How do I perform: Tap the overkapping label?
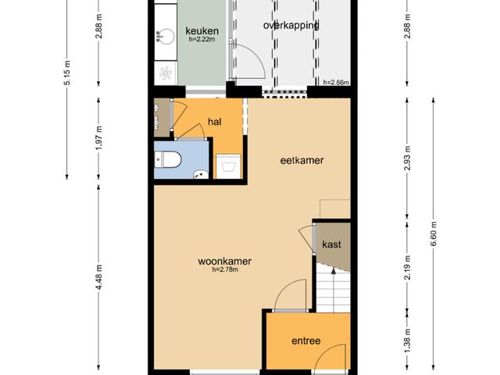291,26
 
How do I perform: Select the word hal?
215,122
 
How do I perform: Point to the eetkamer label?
302,160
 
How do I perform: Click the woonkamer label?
224,261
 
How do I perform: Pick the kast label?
331,245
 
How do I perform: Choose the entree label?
305,341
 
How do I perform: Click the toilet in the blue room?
168,159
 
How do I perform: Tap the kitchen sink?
165,37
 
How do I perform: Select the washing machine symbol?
228,166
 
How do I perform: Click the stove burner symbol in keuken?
166,73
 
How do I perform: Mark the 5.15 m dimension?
67,73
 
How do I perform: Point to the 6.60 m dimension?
433,234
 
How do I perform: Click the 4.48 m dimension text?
98,277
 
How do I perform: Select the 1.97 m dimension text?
98,138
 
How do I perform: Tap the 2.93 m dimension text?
407,158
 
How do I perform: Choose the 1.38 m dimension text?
407,341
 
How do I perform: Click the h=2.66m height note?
336,82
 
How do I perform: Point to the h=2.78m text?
225,270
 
